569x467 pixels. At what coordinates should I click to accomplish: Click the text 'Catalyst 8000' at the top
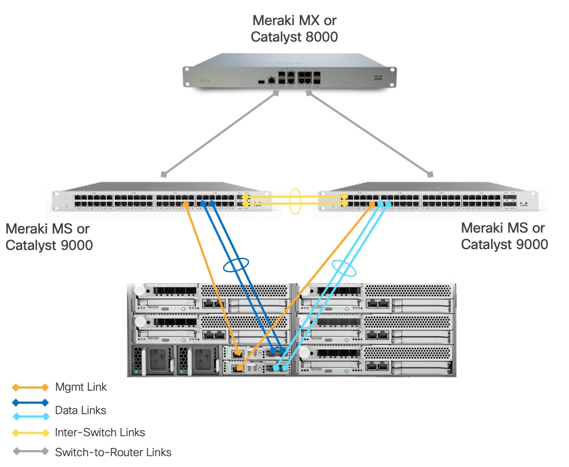[294, 37]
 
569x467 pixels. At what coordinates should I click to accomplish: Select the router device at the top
[289, 72]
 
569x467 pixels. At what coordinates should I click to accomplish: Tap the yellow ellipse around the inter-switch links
[295, 201]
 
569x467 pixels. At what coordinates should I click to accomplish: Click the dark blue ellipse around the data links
[236, 265]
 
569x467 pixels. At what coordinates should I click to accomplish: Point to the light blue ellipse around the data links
[344, 268]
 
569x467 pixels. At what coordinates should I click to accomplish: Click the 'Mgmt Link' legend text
[81, 387]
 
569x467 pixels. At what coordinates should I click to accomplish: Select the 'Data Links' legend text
[81, 410]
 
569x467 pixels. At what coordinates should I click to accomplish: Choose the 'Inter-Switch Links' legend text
[100, 432]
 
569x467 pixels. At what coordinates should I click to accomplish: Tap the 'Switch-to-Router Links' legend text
[113, 452]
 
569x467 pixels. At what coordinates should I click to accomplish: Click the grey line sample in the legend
[30, 451]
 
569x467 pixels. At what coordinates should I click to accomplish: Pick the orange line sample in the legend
[30, 387]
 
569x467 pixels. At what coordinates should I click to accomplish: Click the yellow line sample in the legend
[30, 433]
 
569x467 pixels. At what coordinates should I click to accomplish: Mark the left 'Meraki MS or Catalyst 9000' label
[48, 237]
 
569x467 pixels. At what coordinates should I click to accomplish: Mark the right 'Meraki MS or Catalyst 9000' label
[504, 236]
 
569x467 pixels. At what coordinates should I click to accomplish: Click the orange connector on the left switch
[185, 204]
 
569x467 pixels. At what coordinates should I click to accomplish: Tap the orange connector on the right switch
[372, 204]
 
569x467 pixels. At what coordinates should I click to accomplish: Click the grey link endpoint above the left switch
[164, 175]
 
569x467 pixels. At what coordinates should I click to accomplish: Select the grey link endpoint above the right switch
[430, 175]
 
